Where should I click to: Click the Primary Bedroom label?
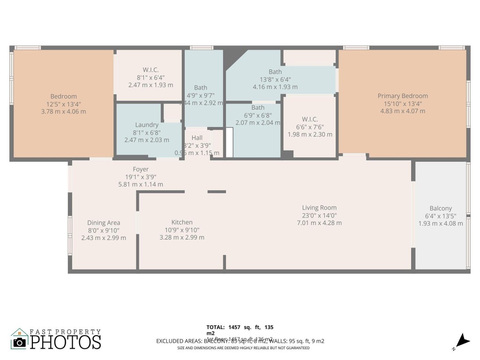(403, 96)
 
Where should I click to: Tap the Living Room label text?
(319, 208)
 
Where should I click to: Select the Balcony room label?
(441, 209)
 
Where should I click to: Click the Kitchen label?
(182, 222)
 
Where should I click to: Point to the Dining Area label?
(104, 223)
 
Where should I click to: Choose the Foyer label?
(141, 169)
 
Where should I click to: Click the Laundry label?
(147, 125)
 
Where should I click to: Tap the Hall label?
(197, 138)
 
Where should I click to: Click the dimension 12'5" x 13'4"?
(64, 104)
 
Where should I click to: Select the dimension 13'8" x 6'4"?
(275, 79)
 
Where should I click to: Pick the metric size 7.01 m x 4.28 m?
(319, 223)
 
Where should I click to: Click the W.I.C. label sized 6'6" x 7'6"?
(310, 119)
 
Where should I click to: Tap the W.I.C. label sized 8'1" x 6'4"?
(150, 70)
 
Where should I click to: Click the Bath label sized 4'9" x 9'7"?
(201, 88)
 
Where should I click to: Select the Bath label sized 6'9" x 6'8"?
(258, 108)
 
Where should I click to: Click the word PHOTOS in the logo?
(66, 342)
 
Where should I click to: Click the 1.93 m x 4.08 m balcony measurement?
(441, 224)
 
